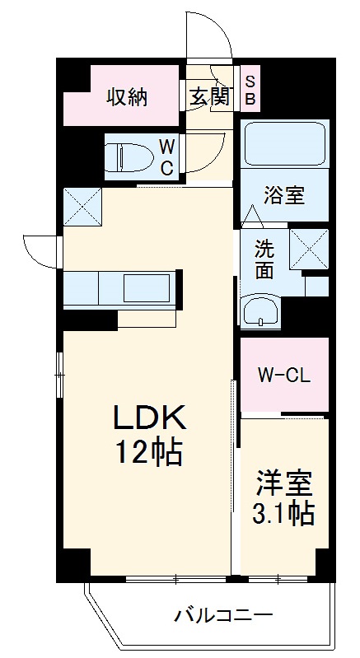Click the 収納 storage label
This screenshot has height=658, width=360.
126,97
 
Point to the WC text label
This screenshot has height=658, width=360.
166,156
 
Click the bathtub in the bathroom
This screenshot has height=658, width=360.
285,145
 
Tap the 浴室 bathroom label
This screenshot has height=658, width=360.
284,196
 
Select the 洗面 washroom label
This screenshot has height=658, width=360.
264,258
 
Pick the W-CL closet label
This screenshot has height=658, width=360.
283,376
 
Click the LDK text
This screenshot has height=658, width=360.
149,419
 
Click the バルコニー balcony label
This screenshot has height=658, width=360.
222,615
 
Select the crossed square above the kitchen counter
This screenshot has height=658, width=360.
82,207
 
